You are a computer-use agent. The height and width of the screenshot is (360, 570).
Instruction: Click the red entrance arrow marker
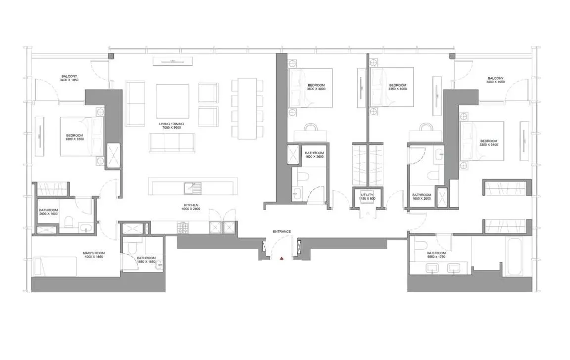pyautogui.click(x=281, y=258)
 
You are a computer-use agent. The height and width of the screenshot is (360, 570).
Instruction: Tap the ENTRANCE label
pyautogui.click(x=282, y=231)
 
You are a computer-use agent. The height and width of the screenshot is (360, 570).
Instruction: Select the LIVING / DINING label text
pyautogui.click(x=170, y=124)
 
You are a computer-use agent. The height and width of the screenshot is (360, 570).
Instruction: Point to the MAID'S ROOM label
pyautogui.click(x=94, y=253)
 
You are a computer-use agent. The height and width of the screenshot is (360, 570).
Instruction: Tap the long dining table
pyautogui.click(x=247, y=108)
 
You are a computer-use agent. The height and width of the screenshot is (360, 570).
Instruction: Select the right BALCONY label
pyautogui.click(x=495, y=78)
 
